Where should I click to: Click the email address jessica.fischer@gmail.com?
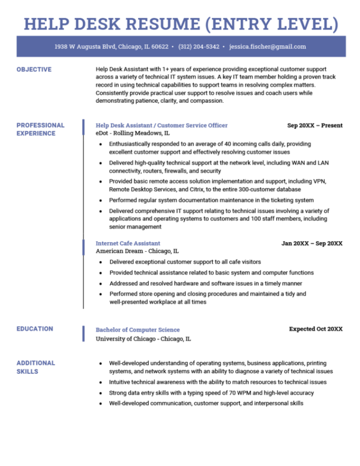pos(268,47)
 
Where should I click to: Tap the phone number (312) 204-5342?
pos(199,47)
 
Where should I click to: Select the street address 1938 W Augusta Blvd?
pos(85,47)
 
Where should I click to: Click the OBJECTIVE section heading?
pos(34,70)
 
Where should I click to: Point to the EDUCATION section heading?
pos(35,329)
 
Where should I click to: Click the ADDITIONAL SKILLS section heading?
pos(36,367)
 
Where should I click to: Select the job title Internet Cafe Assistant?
pos(128,243)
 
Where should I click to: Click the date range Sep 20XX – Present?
pos(315,125)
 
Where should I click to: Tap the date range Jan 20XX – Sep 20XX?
pos(312,243)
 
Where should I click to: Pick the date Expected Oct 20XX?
pos(316,329)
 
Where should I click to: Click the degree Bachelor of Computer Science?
pos(138,330)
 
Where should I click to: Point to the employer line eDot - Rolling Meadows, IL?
pos(133,133)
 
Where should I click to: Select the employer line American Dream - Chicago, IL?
pos(137,251)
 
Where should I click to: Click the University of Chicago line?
pos(143,339)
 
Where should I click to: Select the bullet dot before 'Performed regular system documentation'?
pos(100,200)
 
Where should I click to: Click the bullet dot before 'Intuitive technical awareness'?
pos(100,382)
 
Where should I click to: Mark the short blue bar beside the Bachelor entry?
pos(83,334)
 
